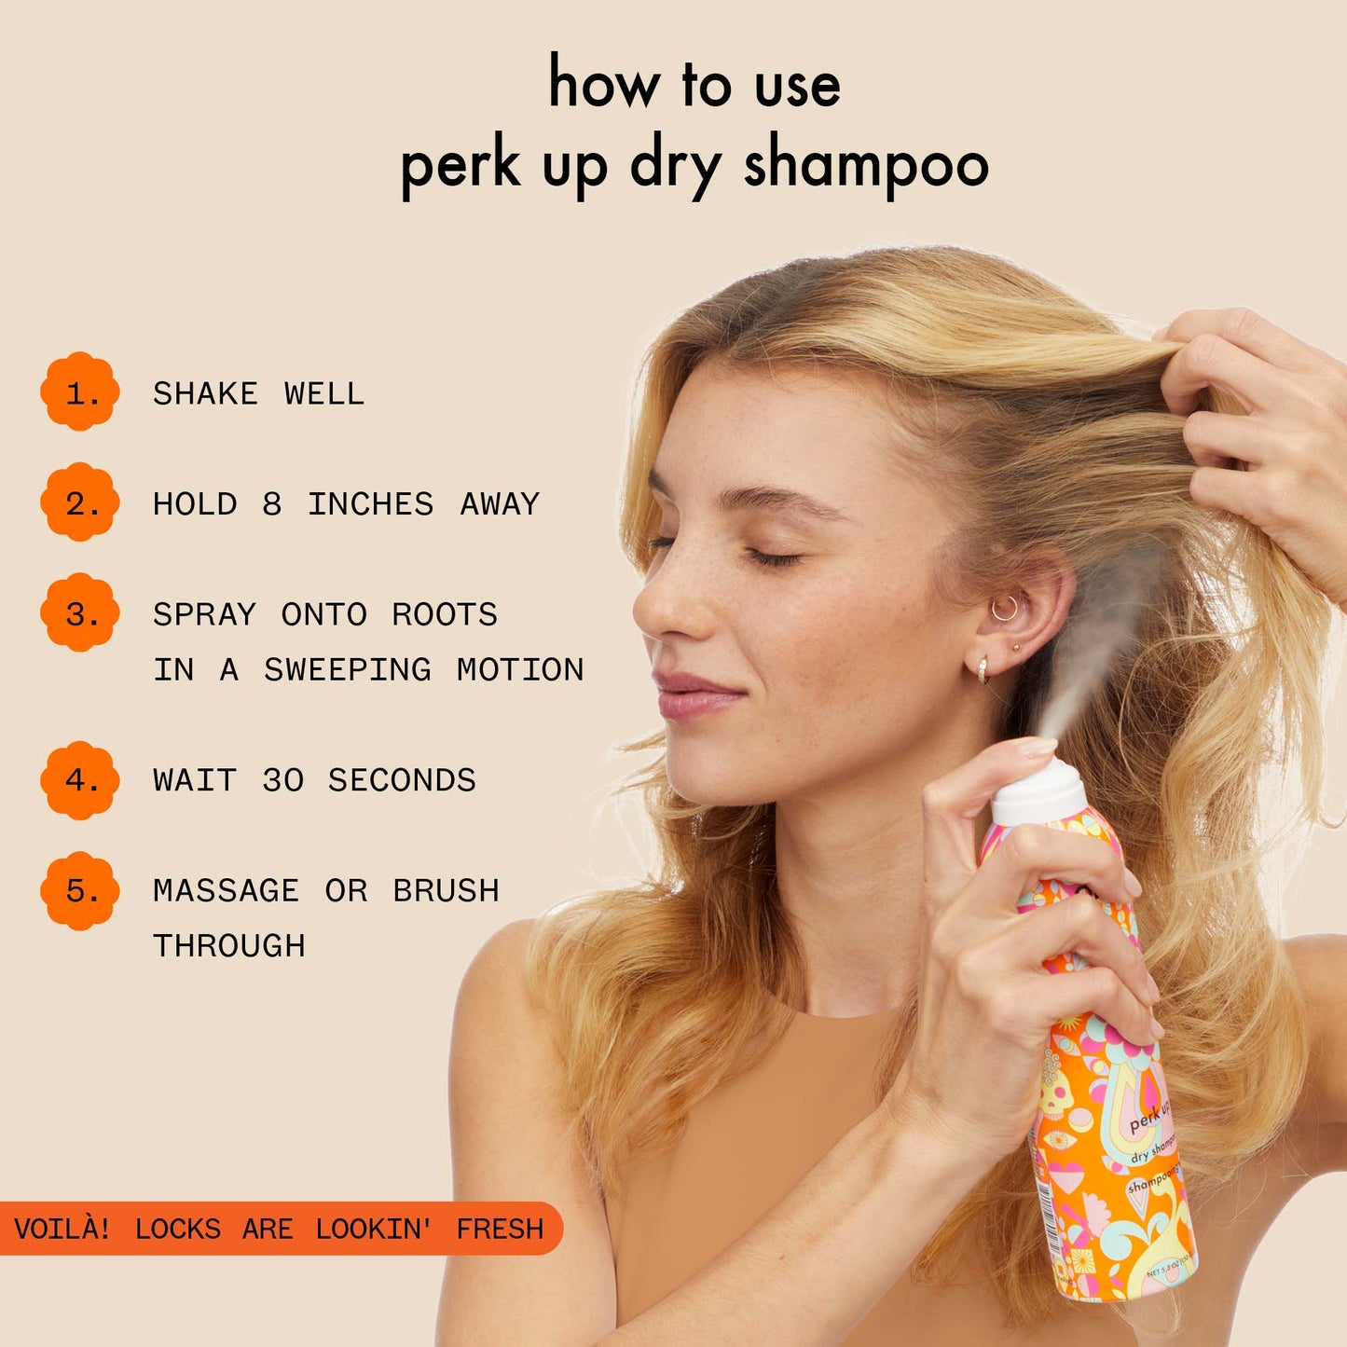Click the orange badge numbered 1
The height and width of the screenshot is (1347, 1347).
click(80, 392)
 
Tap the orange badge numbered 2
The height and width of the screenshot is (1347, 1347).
click(80, 502)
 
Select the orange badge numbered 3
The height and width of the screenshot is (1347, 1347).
click(80, 613)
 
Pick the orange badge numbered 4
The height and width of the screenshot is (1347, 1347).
click(80, 779)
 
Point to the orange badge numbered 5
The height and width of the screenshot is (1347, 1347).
click(80, 890)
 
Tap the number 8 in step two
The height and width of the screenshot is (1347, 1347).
click(271, 504)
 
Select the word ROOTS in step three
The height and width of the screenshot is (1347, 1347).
click(445, 614)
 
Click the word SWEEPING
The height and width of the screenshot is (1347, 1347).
click(347, 669)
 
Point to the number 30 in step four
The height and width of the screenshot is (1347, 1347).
click(282, 780)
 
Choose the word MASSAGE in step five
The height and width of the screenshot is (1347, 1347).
click(226, 890)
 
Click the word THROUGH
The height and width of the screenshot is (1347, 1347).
click(229, 945)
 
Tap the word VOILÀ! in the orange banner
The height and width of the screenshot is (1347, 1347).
click(62, 1229)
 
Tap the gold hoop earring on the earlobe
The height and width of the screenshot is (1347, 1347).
click(983, 669)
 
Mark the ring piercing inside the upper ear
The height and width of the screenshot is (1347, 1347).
click(1005, 609)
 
